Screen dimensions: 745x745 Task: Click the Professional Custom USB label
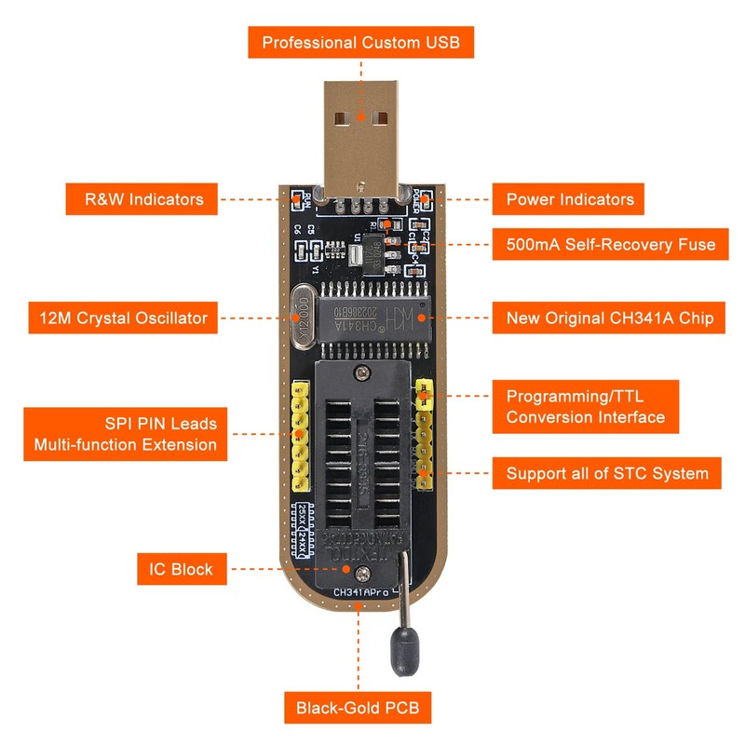[x=360, y=43]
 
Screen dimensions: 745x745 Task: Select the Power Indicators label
[x=570, y=199]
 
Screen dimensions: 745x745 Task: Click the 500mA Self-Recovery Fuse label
[x=610, y=245]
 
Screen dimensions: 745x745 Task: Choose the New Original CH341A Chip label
[x=610, y=318]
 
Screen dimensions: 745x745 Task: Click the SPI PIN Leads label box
[x=125, y=434]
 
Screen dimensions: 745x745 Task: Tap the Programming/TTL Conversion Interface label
[x=586, y=405]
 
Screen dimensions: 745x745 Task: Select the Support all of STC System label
[x=607, y=474]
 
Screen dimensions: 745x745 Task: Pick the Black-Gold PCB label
[x=358, y=708]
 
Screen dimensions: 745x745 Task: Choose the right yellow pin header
[x=425, y=433]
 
